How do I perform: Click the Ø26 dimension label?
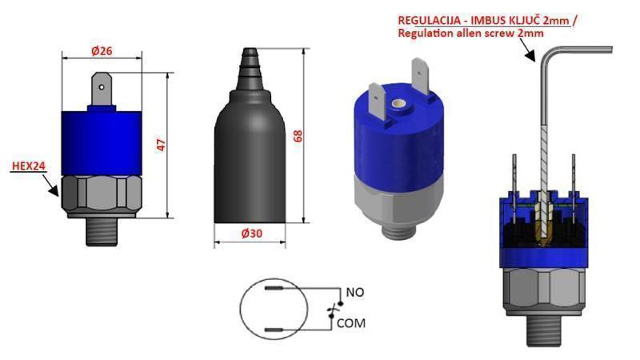101,51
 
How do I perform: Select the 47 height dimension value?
160,145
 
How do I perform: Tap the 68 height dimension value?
298,135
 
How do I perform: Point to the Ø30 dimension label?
254,234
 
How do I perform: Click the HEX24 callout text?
27,167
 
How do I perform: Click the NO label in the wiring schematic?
354,292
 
